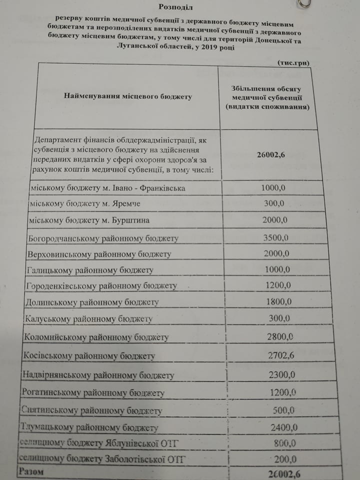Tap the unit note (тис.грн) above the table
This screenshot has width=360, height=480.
(293, 62)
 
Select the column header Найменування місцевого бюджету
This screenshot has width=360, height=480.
(128, 96)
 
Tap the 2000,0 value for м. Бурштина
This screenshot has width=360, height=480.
(273, 220)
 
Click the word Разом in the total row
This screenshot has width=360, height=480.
(30, 471)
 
